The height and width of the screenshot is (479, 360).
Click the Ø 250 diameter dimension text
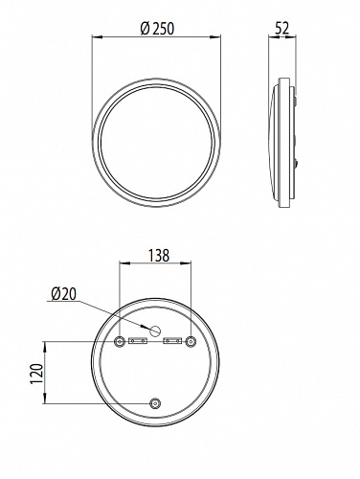coord(157,29)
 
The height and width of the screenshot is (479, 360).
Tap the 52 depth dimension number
coord(281,28)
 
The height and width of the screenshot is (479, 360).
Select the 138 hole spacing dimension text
coord(159,256)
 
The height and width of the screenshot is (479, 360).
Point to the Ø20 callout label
coord(64,294)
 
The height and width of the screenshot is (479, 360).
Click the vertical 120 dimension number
coord(36,374)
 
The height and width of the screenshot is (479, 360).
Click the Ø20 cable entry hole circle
coord(155,331)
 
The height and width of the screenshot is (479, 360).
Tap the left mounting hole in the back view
coord(120,342)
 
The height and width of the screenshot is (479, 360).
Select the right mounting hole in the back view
coord(191,342)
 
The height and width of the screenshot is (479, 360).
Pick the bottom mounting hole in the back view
coord(155,403)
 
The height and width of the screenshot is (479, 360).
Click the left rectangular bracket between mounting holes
coord(138,341)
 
